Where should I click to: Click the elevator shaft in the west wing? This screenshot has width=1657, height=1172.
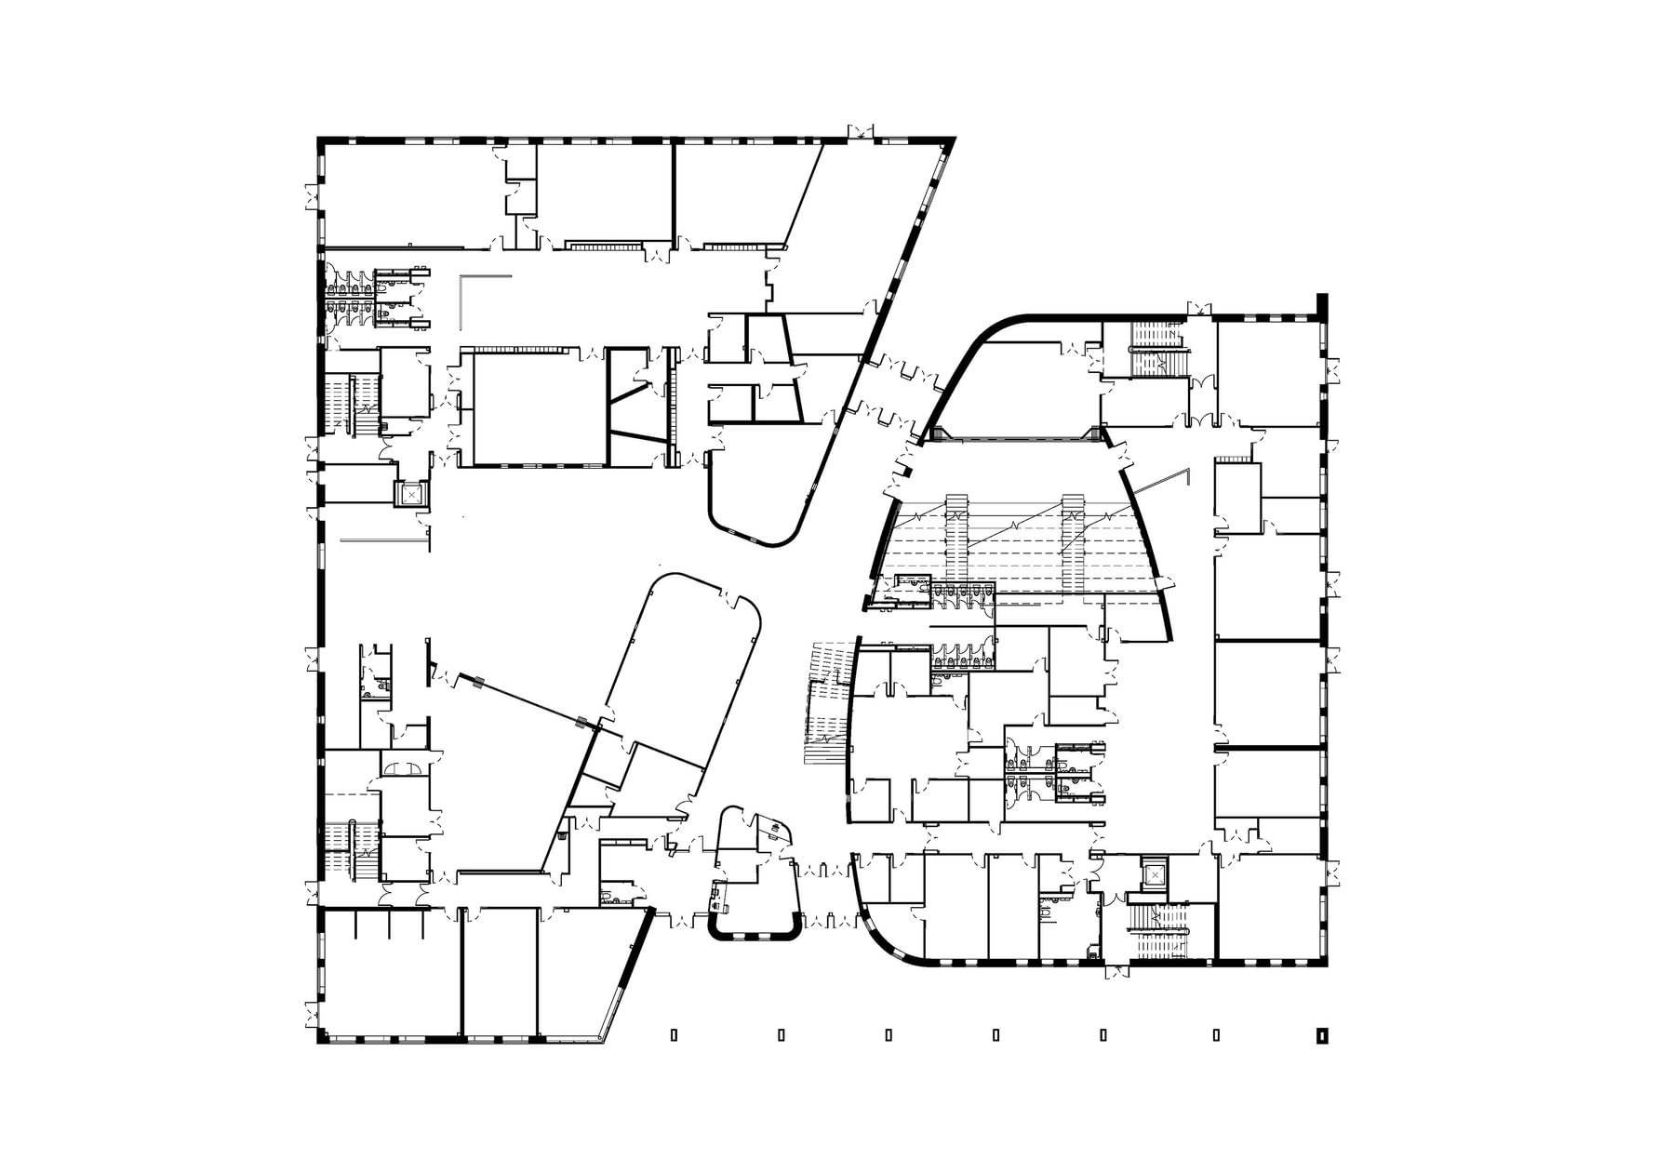click(410, 495)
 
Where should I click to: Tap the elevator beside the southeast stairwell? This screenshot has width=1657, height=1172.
click(1155, 874)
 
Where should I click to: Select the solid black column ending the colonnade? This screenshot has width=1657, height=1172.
click(1320, 1034)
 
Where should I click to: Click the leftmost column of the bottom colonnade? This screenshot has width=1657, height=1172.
click(673, 1034)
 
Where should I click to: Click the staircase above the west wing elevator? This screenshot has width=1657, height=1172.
click(345, 405)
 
